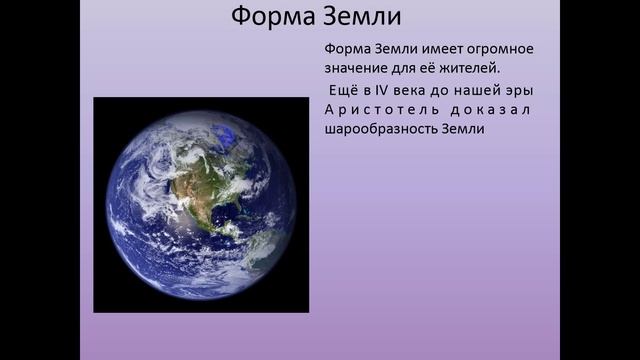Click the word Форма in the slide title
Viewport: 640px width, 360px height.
pos(270,17)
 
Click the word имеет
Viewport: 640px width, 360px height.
pos(414,50)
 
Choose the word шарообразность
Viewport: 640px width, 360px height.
pos(384,129)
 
